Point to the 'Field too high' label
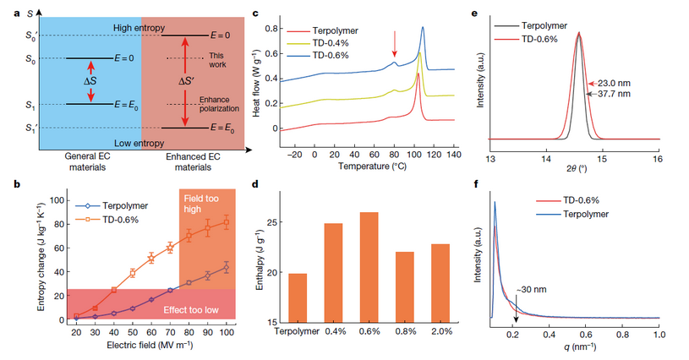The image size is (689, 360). [203, 203]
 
